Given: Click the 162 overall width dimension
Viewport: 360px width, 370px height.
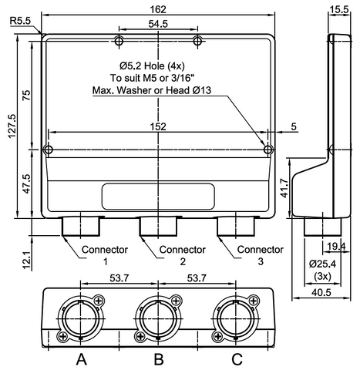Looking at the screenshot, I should (x=159, y=9).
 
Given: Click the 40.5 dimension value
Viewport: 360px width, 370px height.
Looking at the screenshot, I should (x=324, y=293).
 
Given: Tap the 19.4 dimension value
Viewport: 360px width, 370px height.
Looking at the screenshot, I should (x=336, y=247).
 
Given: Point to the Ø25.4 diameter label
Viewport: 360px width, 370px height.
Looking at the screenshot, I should (x=324, y=263).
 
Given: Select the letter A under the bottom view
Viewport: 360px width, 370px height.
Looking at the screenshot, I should (x=80, y=358).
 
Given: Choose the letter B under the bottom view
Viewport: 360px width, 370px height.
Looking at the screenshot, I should (x=158, y=358).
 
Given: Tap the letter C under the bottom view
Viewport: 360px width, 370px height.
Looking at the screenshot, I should (x=237, y=358).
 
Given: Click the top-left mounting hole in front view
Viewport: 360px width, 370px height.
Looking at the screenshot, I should (x=118, y=40).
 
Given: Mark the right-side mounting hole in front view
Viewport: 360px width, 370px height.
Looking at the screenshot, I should (x=268, y=149).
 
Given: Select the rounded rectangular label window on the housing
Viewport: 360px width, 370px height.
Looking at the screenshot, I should (x=158, y=197).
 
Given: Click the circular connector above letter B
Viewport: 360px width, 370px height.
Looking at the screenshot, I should (x=158, y=318).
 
